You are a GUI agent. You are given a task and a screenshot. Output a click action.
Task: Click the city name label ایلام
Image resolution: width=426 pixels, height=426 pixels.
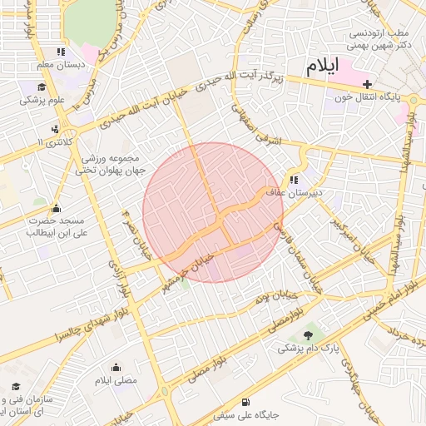click(323, 69)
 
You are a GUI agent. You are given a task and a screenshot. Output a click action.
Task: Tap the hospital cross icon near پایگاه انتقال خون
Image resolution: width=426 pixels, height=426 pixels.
click(367, 84)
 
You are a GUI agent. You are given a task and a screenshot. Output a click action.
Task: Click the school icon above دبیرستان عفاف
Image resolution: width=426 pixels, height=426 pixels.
click(294, 179)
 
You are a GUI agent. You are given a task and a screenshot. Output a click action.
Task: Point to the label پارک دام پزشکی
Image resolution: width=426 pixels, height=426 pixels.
click(309, 349)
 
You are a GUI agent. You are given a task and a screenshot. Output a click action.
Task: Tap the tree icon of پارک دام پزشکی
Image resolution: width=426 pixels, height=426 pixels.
click(310, 335)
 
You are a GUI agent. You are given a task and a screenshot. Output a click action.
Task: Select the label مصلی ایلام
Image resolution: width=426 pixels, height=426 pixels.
click(115, 380)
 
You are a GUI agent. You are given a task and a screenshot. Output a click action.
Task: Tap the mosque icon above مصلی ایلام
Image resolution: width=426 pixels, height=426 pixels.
click(115, 367)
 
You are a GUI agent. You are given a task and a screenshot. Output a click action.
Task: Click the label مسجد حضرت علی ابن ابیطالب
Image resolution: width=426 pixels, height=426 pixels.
click(55, 227)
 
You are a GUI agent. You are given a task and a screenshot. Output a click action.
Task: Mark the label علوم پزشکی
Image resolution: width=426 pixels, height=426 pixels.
click(43, 100)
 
